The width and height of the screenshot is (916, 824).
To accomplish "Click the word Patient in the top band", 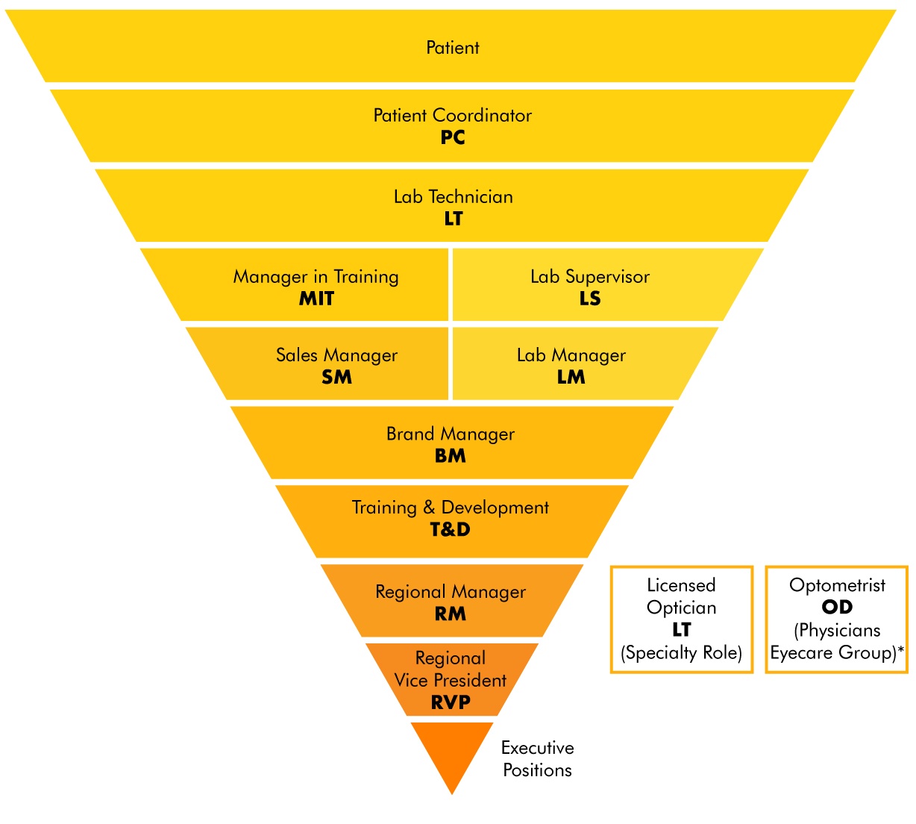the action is point(453,48).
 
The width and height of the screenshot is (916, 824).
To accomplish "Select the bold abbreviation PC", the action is point(453,137).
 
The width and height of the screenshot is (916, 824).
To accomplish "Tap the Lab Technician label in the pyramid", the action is point(454,197).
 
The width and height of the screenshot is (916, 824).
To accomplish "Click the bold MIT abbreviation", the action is point(316,299).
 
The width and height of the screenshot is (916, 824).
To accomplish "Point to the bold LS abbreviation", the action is point(590,299).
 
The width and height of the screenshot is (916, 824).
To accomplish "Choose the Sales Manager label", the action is point(336,356).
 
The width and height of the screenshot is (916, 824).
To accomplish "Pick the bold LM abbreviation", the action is point(571,378).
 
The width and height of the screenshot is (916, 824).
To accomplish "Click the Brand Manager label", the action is point(451,434).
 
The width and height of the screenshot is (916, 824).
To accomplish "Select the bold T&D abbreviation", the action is point(451,530).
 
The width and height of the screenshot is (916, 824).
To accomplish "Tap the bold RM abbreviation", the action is point(451,614).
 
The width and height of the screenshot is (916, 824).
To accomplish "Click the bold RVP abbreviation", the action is point(451,702).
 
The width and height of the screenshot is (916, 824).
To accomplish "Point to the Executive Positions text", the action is point(538,759).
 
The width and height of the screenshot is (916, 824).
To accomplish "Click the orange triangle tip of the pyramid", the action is point(452,794).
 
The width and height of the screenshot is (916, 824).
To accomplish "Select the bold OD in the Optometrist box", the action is point(837,607).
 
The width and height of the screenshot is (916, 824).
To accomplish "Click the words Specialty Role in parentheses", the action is point(681,653).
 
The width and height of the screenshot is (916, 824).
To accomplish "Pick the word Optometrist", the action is point(837,585).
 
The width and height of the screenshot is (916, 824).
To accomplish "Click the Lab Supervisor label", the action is point(590,277).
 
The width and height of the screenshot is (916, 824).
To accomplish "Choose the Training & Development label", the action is point(451,508).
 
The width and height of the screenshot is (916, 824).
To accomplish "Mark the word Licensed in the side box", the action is point(681,585).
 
